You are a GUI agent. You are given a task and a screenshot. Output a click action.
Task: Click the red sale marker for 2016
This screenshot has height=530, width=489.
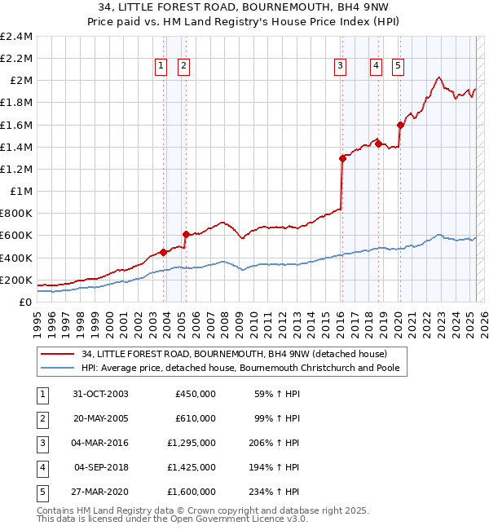pyautogui.click(x=342, y=159)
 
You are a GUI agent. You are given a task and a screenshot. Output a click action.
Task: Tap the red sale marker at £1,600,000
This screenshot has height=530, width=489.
pyautogui.click(x=400, y=125)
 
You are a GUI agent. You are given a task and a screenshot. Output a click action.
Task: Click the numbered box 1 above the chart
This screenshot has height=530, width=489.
pyautogui.click(x=161, y=67)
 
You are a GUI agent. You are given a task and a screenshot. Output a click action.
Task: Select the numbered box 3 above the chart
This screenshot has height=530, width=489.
pyautogui.click(x=339, y=67)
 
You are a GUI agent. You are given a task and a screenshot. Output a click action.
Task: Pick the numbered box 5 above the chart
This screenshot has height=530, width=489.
pyautogui.click(x=398, y=67)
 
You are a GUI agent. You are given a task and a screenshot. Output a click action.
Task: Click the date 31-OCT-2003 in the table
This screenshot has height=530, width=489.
pyautogui.click(x=101, y=395)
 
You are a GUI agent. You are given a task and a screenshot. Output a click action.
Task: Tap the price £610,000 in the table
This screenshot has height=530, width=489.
pyautogui.click(x=196, y=419)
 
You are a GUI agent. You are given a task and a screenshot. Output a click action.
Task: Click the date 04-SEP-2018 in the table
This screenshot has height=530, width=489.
pyautogui.click(x=101, y=468)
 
